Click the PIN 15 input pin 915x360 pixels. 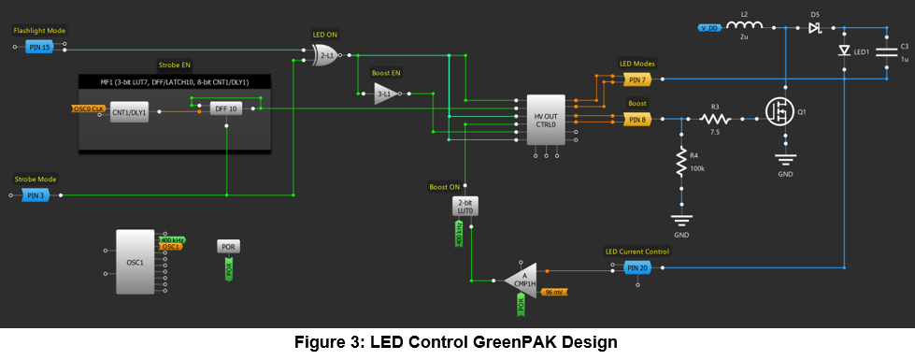(38, 47)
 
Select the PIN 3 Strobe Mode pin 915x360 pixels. (36, 195)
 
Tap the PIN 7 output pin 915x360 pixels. (636, 79)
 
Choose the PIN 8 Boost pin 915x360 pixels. (636, 119)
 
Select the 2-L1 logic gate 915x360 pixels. (326, 55)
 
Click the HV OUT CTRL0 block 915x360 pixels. (545, 120)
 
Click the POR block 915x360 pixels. (228, 247)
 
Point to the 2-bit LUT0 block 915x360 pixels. (465, 206)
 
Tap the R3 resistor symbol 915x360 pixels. (716, 119)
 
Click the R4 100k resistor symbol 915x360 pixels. (680, 166)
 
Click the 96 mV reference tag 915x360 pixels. (557, 293)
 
